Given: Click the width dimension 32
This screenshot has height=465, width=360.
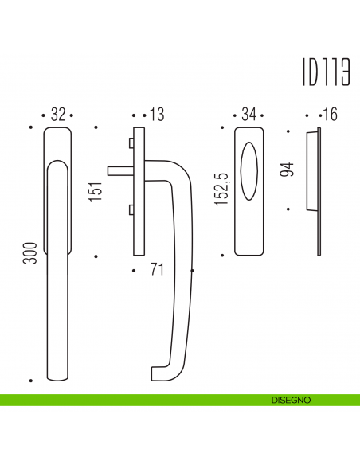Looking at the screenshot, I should (57, 115).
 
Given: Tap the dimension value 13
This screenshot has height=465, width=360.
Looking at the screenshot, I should (155, 115).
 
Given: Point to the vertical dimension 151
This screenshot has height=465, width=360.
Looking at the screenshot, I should (96, 191).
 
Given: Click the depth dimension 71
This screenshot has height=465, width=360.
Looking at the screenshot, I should (157, 271).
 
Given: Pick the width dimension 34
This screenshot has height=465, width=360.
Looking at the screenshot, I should (248, 115).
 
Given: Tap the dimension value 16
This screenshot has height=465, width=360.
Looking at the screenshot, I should (330, 115).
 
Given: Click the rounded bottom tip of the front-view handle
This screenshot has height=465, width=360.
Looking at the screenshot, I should (57, 374).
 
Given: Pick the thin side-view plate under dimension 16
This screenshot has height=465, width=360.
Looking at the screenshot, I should (318, 191).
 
